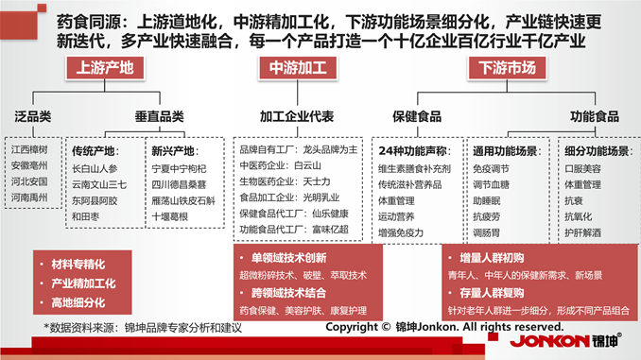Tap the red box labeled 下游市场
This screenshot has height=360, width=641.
[507, 69]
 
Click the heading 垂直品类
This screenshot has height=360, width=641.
[158, 116]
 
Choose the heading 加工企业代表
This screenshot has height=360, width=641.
[297, 116]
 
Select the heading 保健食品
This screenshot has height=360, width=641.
[417, 116]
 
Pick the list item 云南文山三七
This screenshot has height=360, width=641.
[99, 184]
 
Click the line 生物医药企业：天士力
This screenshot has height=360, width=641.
[286, 180]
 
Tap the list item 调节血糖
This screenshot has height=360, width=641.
[492, 183]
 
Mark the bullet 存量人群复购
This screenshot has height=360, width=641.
[494, 293]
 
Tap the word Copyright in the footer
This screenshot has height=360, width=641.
[354, 327]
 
